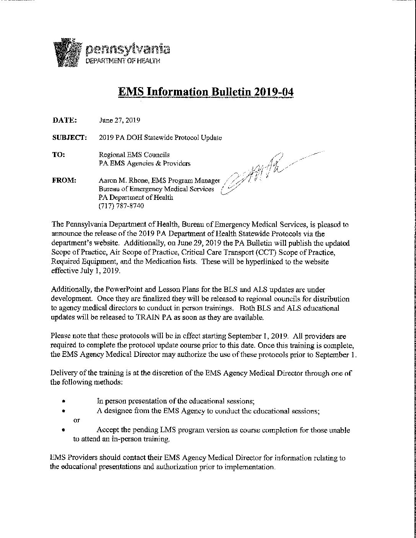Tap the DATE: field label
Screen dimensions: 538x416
[x=65, y=120]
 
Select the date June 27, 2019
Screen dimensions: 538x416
[x=119, y=120]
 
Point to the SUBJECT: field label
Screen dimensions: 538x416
[x=69, y=138]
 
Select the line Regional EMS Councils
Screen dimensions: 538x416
[x=134, y=155]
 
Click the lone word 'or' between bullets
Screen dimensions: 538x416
[x=76, y=420]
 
